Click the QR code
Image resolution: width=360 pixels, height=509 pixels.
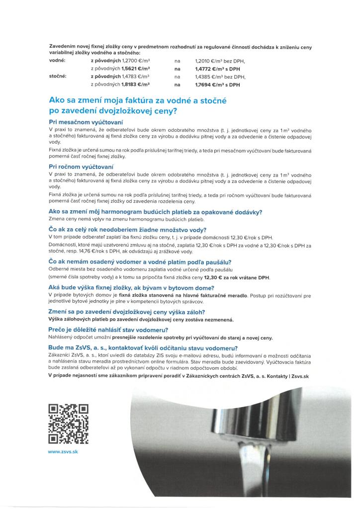[69, 424]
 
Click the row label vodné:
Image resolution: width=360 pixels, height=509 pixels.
[58, 60]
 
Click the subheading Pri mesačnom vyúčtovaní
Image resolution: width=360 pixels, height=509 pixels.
[86, 122]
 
